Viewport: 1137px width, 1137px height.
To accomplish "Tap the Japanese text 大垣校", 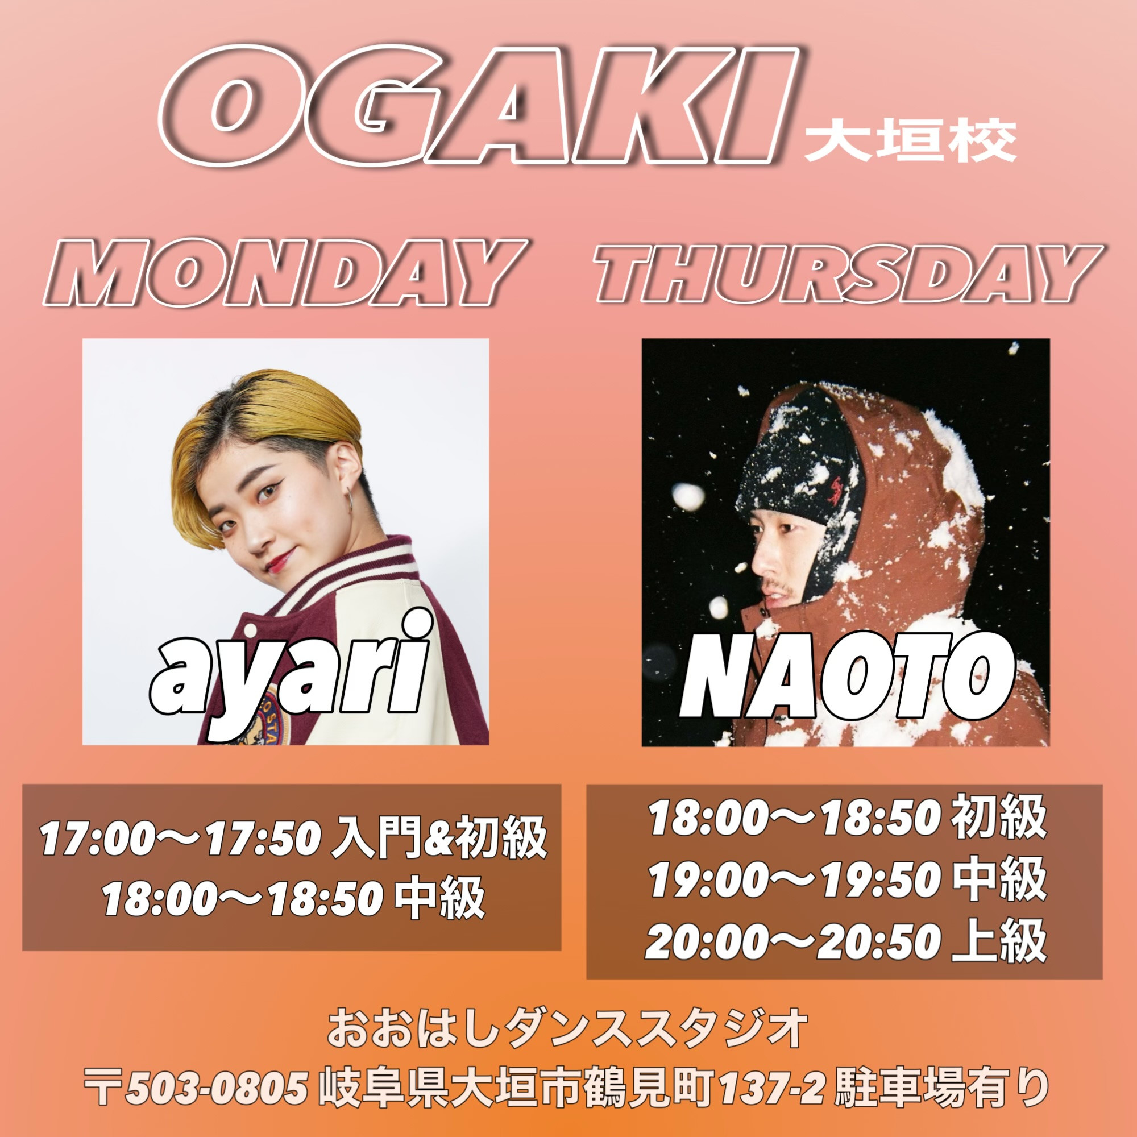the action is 910,142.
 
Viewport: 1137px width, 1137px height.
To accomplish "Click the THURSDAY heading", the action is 848,273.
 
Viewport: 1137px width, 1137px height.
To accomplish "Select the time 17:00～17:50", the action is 180,839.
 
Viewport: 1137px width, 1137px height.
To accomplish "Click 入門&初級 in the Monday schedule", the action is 439,839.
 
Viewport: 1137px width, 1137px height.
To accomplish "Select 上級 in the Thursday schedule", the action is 999,941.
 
